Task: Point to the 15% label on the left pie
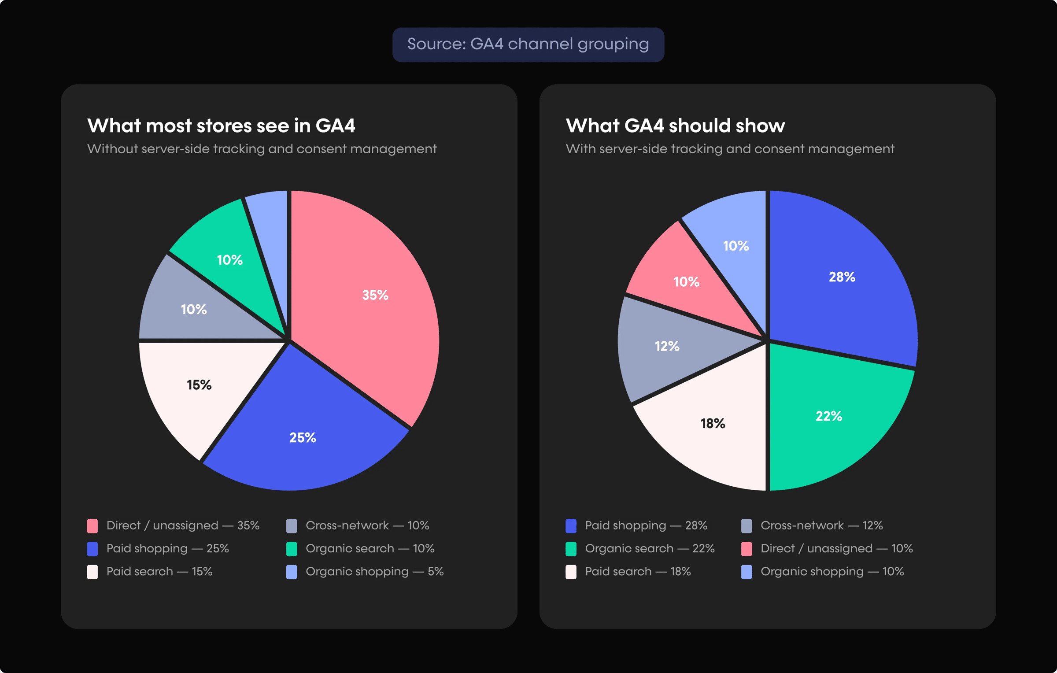199,385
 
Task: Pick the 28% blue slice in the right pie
841,277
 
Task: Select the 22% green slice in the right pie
828,416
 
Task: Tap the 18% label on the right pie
713,423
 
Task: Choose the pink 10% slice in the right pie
689,282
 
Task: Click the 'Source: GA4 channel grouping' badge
528,44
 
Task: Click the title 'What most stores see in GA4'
221,126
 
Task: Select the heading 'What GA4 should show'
675,126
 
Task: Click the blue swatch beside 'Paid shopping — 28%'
571,526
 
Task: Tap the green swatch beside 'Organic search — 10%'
291,549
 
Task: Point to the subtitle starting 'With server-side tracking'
730,149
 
